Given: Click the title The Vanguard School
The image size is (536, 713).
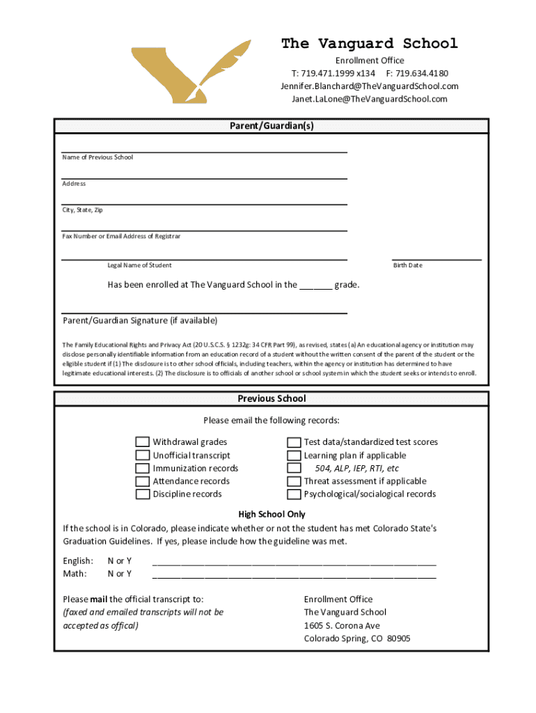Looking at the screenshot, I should pos(369,44).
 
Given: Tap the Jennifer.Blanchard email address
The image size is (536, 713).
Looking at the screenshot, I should pos(369,86).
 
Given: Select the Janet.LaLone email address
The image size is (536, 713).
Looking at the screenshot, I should pos(369,99).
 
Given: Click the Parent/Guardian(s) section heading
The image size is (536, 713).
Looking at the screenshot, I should pos(271,126).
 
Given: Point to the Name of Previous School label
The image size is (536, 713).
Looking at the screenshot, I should pos(97,157).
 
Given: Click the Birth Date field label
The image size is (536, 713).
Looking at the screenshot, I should pos(407,265).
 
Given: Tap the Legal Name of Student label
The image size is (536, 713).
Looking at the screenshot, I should pos(139,265).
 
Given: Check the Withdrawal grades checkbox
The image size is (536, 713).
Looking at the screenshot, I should pos(142,442).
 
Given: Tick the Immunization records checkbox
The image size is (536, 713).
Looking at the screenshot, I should pos(142,469).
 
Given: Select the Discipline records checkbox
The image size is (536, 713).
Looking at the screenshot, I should pos(142,494).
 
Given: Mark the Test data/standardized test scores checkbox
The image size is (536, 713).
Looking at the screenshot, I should pos(294,442).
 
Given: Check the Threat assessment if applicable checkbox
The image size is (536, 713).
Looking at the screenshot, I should pos(294,481).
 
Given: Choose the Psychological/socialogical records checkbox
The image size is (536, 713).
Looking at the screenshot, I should pos(294,494).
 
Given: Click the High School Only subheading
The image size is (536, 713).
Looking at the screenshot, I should pos(271,515).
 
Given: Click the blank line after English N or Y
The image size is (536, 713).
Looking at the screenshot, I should pos(294,561).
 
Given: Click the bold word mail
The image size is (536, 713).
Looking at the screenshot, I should pos(98,600).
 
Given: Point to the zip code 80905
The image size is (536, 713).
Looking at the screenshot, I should pos(399,638).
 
